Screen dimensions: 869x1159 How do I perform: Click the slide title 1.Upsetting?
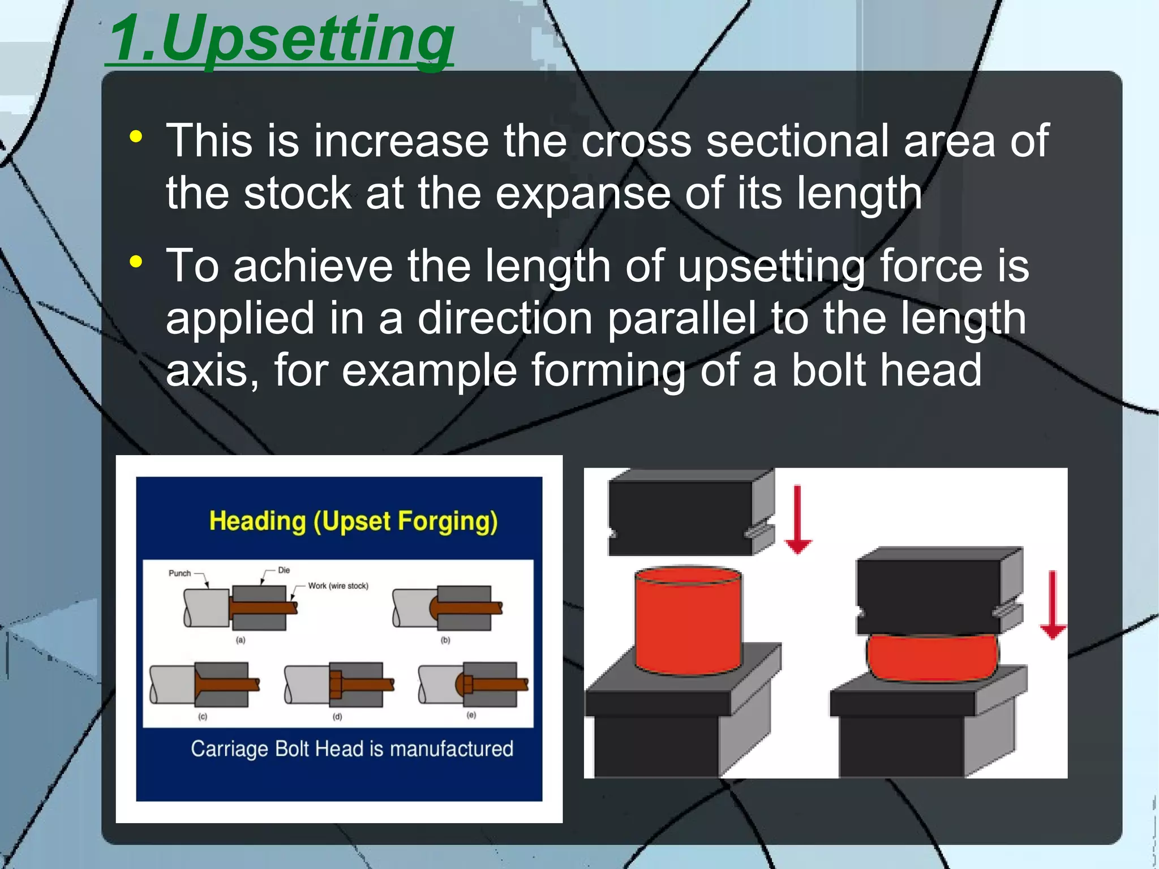(281, 40)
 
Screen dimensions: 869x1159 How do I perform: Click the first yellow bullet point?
(136, 136)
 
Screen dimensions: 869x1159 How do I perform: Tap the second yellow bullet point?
(136, 262)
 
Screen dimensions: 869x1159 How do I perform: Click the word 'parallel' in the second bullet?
(681, 318)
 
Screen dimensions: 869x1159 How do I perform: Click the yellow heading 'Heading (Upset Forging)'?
(353, 521)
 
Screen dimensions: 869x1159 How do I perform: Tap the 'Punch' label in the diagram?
(180, 573)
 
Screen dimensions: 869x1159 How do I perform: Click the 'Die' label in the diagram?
(284, 570)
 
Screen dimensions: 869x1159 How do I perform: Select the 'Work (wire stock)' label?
(338, 586)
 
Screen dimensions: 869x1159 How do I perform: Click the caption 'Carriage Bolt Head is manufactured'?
(352, 749)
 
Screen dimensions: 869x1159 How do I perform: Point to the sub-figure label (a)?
(241, 640)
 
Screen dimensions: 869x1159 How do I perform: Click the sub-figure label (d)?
(337, 716)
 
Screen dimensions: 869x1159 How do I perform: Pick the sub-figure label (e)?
(471, 715)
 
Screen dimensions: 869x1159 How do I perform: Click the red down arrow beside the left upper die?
(798, 518)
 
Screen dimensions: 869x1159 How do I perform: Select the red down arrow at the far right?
(1053, 605)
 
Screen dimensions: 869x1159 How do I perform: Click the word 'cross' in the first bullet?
(636, 141)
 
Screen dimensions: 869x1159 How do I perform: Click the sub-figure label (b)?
(445, 640)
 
